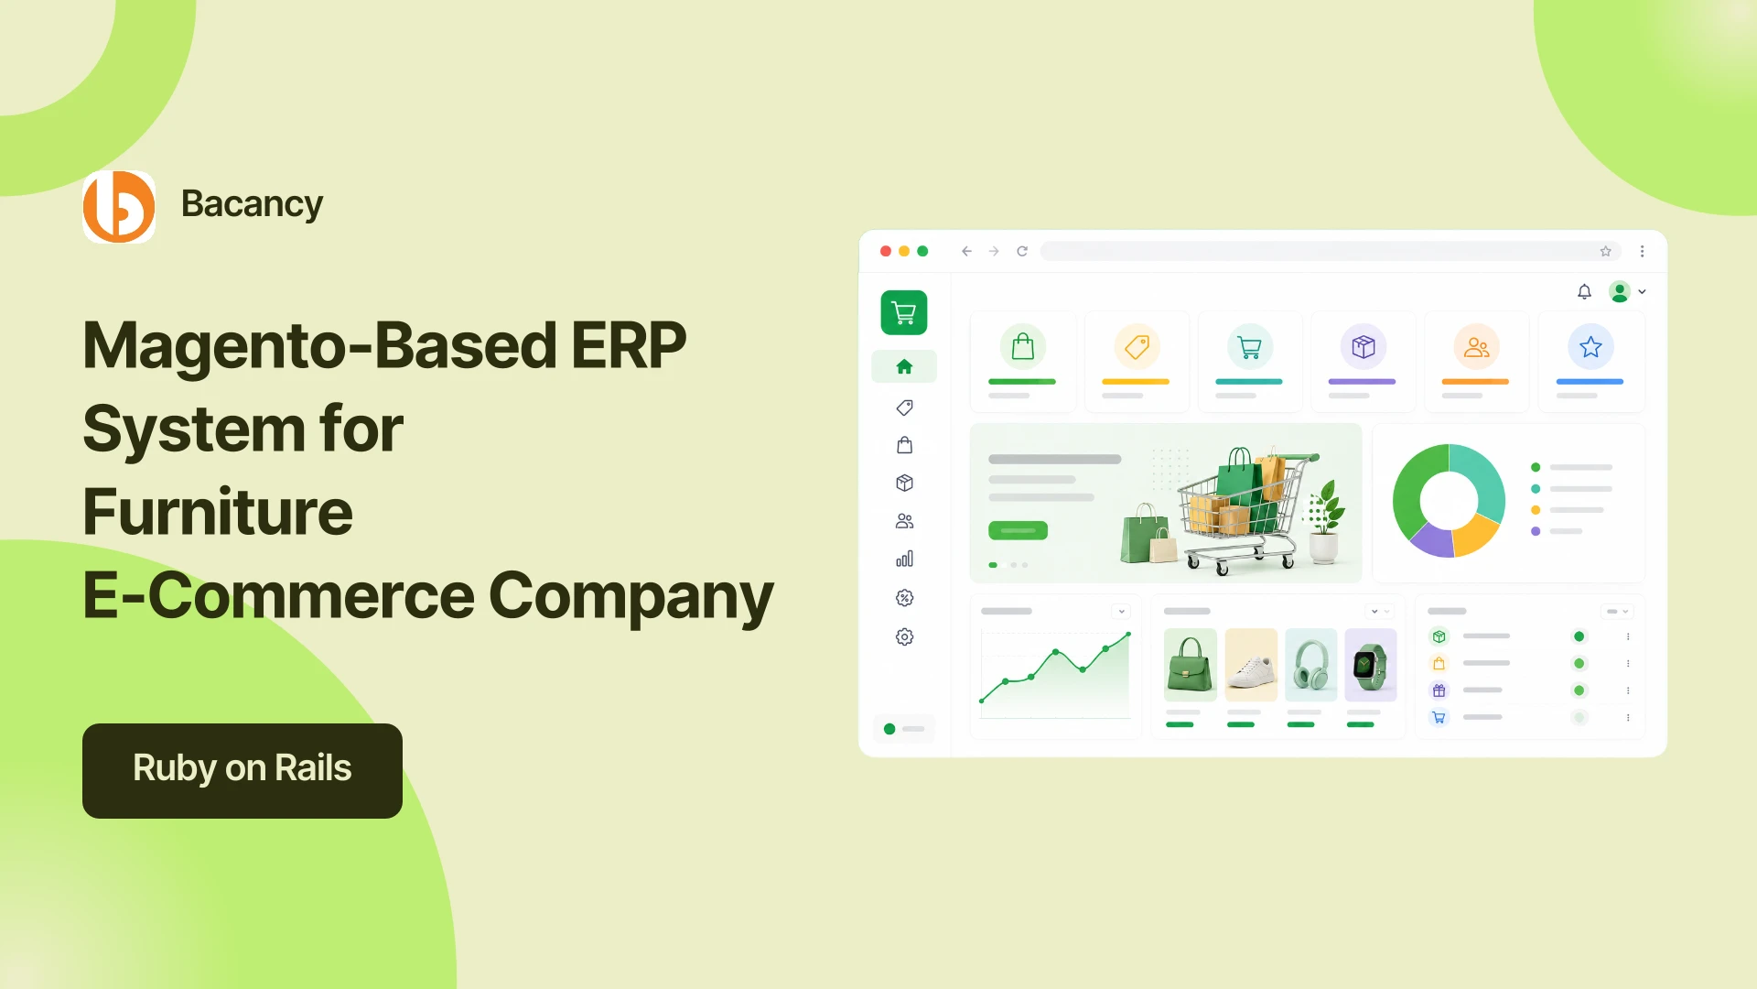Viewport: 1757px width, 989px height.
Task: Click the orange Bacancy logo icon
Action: [119, 207]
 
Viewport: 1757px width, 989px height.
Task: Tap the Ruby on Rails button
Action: [243, 770]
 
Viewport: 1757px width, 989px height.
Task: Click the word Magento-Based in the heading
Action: [319, 347]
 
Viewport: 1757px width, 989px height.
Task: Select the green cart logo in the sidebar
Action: [904, 313]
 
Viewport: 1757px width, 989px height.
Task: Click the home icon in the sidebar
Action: [904, 366]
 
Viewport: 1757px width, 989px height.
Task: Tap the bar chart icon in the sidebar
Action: [904, 559]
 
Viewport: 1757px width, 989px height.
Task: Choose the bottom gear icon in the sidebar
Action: [904, 636]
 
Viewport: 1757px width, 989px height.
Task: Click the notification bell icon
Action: [1584, 291]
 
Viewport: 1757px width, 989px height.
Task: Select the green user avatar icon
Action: [1620, 291]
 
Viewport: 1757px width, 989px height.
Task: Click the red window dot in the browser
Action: [885, 251]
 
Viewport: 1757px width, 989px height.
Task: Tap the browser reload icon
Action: [1022, 251]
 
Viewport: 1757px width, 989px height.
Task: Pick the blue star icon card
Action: [1590, 361]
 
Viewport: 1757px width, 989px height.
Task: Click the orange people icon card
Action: [1476, 361]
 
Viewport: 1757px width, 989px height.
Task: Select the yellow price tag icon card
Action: [1137, 361]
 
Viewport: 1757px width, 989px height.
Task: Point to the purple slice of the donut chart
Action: [1429, 540]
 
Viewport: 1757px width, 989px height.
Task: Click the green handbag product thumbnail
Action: [1190, 665]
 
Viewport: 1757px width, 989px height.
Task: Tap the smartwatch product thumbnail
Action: [1370, 665]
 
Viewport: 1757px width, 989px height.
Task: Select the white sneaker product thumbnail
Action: [1250, 665]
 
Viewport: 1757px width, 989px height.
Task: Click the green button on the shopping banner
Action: [1018, 530]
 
